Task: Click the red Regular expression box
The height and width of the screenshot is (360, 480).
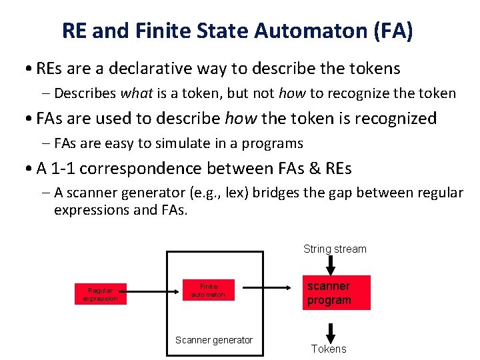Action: click(100, 294)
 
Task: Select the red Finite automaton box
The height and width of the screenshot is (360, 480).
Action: click(209, 289)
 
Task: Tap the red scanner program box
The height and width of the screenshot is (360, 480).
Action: click(336, 293)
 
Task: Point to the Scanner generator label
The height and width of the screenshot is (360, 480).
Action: click(214, 340)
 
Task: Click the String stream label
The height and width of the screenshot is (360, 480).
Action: click(335, 249)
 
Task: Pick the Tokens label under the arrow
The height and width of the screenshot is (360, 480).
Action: click(329, 349)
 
